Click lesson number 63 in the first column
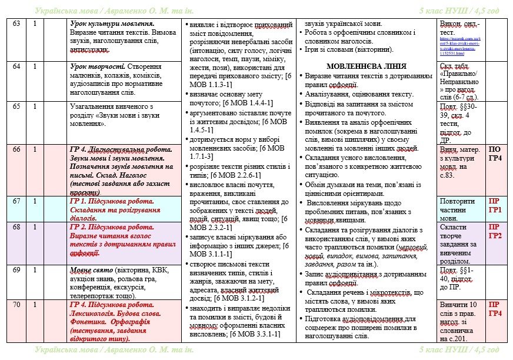point(16,23)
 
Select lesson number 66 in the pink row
point(16,149)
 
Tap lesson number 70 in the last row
point(16,305)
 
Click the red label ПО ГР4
point(495,154)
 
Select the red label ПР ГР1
point(495,205)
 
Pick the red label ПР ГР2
point(495,231)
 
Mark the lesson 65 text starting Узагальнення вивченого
point(109,106)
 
